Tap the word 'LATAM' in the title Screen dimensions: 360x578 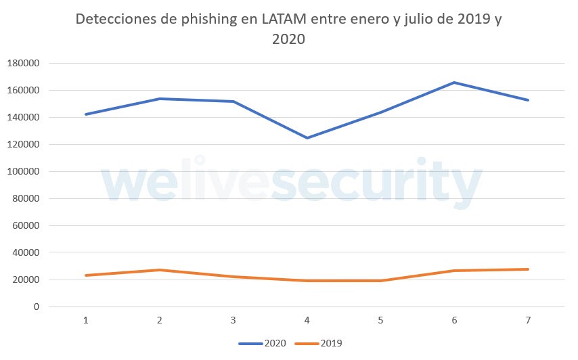click(277, 20)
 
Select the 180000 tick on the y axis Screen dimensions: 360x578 click(23, 63)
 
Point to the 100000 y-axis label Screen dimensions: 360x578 click(23, 171)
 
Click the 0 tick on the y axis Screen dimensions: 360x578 click(37, 307)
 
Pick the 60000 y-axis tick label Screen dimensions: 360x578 click(25, 225)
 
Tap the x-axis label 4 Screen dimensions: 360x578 click(307, 320)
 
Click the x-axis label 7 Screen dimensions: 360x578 click(528, 320)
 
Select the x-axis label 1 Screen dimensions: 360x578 click(86, 320)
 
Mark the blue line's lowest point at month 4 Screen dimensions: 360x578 click(307, 138)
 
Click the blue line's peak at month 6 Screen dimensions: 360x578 click(454, 83)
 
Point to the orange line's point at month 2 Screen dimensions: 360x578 click(160, 270)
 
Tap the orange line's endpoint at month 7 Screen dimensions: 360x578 click(528, 269)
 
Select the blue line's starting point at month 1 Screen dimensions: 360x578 click(86, 114)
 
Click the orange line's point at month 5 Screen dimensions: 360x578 click(380, 281)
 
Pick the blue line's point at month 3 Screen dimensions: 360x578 click(234, 102)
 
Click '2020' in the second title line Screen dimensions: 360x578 click(289, 39)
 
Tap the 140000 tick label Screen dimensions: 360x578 click(23, 117)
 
